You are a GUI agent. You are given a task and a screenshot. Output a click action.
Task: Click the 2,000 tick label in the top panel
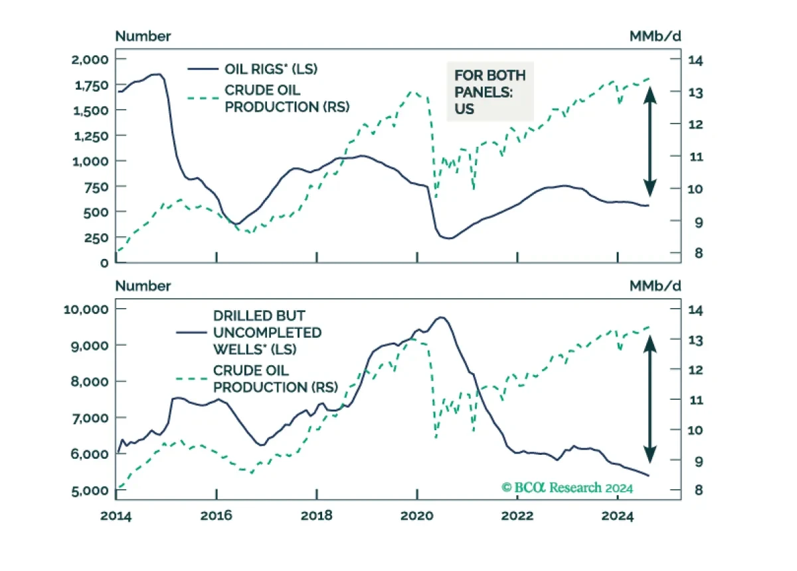click(90, 60)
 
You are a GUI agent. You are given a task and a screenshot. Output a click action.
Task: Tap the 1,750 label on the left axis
click(92, 86)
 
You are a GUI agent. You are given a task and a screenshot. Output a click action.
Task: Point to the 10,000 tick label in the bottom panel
click(86, 309)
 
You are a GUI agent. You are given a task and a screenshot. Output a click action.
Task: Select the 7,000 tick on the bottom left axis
click(90, 418)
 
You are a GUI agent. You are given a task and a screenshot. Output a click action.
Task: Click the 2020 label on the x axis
click(417, 515)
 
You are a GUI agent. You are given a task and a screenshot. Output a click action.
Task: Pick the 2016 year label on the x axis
click(216, 515)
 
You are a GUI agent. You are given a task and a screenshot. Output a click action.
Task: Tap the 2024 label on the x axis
click(618, 515)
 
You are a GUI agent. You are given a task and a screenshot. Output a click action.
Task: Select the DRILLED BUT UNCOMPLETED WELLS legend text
click(267, 333)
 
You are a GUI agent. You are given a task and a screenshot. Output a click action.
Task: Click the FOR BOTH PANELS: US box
click(490, 92)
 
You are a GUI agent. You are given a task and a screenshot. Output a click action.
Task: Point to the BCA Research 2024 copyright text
click(567, 487)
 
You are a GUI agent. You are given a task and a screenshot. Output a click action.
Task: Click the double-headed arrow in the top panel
click(650, 141)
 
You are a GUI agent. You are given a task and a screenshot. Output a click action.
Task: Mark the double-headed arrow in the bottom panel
click(650, 399)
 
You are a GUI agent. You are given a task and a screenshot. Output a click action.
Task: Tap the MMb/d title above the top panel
click(655, 37)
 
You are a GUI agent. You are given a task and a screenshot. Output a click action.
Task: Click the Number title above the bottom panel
click(143, 286)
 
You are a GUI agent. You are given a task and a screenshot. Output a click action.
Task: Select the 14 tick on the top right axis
click(695, 60)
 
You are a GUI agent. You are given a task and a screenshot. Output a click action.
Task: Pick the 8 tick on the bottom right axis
click(699, 490)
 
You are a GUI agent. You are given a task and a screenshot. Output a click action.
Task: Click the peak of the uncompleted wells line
click(441, 317)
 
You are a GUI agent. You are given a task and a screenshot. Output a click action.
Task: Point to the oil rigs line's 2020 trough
click(449, 238)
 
